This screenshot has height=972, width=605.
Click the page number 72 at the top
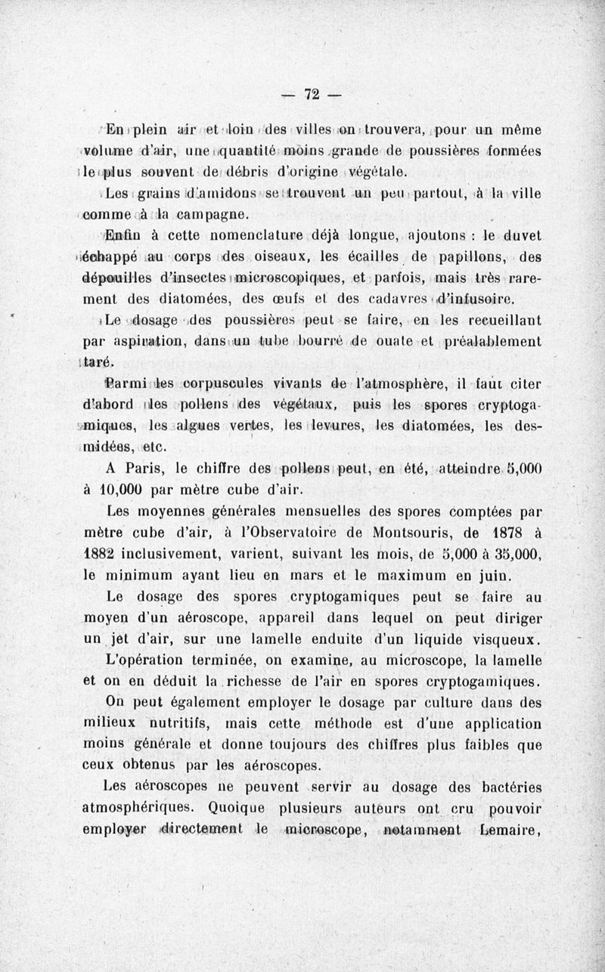coord(312,95)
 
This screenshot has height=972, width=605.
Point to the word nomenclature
coord(235,243)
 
